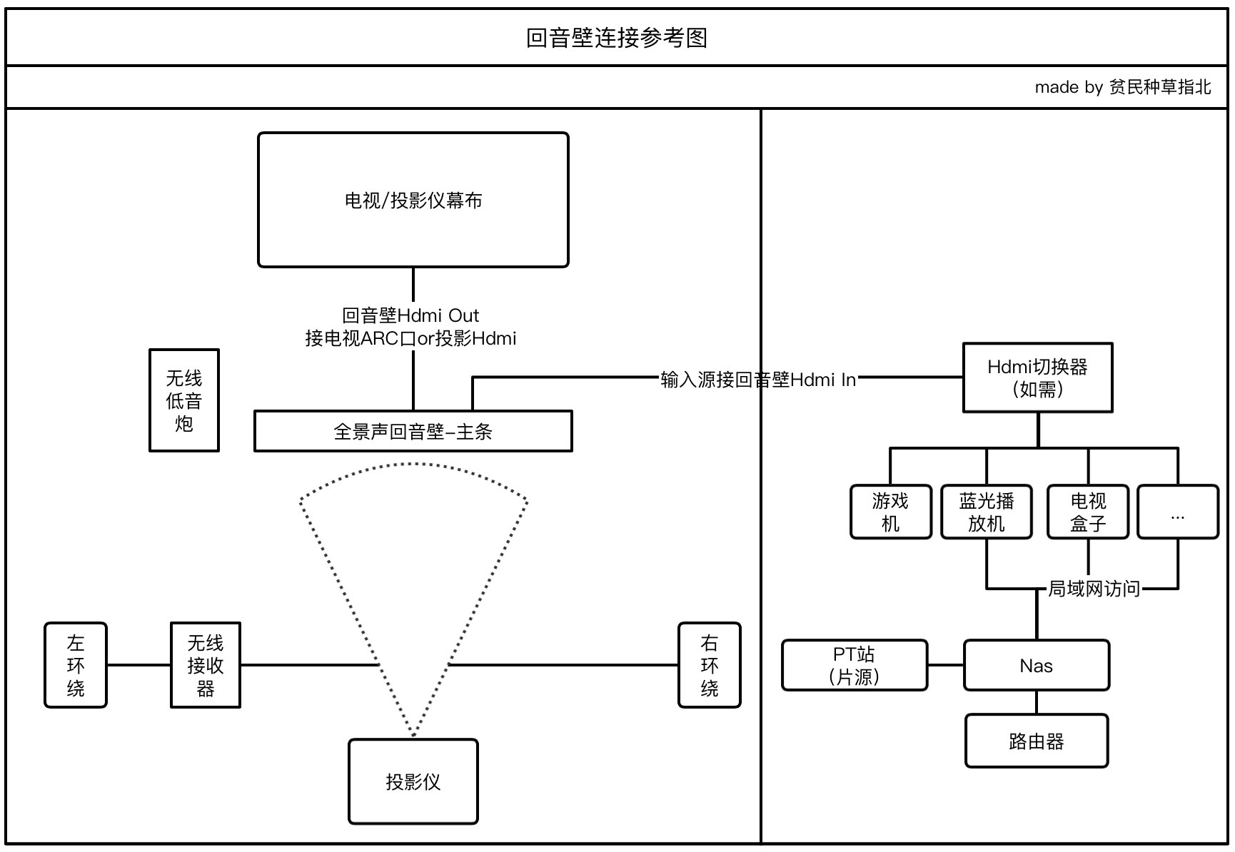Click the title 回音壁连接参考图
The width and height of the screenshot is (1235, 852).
click(617, 38)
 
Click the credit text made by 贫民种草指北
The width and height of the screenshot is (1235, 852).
click(1122, 87)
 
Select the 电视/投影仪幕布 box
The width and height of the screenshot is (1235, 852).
click(413, 200)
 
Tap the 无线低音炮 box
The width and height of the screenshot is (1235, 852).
click(183, 400)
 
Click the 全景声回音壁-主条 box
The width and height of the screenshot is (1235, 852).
click(413, 432)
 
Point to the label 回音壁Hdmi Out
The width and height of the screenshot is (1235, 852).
click(410, 315)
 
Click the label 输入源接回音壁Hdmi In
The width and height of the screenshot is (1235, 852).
click(757, 380)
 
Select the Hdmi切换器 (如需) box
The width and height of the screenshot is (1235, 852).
click(1037, 377)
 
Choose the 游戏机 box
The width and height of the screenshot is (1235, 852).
click(890, 512)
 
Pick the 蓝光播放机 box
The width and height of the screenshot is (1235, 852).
click(986, 512)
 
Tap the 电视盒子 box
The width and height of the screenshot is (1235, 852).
click(1087, 512)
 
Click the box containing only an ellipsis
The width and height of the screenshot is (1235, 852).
click(1177, 512)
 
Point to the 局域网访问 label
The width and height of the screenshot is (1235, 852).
click(1093, 589)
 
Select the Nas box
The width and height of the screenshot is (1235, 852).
click(1036, 666)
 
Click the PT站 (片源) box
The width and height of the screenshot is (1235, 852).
click(854, 666)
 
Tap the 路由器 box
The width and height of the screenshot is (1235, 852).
click(1036, 741)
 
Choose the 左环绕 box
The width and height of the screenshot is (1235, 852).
click(76, 665)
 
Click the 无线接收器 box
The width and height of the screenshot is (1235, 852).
click(205, 665)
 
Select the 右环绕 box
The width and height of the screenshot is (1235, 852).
click(709, 665)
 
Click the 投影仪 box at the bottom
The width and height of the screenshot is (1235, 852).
click(413, 782)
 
